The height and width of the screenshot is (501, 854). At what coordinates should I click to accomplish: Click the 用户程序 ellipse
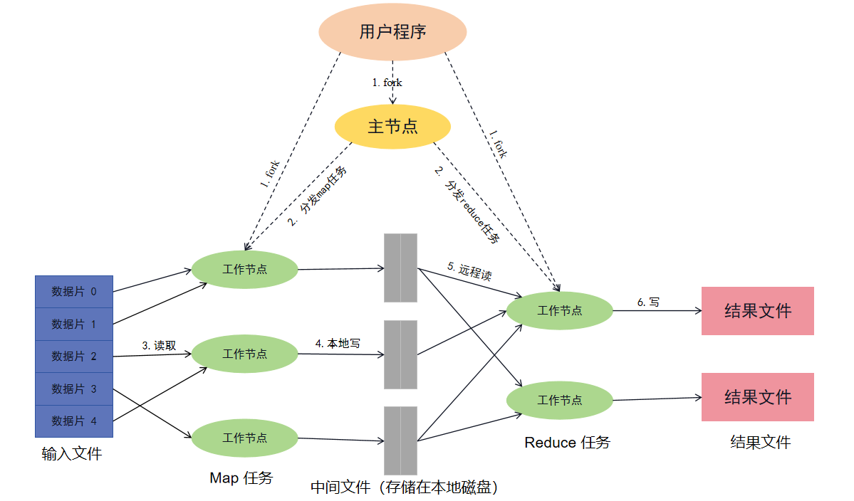click(x=392, y=32)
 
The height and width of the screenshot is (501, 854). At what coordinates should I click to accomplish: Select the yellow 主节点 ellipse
click(x=392, y=127)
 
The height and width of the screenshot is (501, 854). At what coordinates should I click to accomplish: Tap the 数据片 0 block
click(x=74, y=292)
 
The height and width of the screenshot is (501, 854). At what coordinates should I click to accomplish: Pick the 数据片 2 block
click(x=74, y=357)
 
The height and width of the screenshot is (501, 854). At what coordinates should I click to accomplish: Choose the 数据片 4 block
click(x=74, y=421)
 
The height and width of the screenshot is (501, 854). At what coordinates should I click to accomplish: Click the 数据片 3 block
click(x=74, y=389)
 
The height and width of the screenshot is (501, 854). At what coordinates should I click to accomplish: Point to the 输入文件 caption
click(x=72, y=453)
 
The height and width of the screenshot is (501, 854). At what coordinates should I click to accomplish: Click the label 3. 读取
click(x=159, y=346)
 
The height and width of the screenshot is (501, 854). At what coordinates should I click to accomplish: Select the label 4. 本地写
click(x=338, y=343)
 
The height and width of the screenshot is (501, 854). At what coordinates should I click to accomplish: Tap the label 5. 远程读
click(x=469, y=273)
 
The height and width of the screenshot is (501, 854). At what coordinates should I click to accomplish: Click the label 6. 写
click(x=648, y=302)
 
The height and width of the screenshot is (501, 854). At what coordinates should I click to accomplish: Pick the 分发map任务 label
click(x=318, y=196)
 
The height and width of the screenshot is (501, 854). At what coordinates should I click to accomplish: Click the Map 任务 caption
click(x=241, y=478)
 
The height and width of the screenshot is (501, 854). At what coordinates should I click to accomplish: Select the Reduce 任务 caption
click(x=567, y=443)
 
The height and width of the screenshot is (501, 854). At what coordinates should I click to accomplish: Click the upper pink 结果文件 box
click(x=757, y=311)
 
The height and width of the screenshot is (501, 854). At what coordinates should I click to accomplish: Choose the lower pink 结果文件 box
click(x=757, y=397)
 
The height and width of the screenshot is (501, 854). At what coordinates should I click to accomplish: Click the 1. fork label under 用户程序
click(x=387, y=83)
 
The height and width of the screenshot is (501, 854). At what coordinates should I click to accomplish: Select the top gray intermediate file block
click(x=400, y=268)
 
